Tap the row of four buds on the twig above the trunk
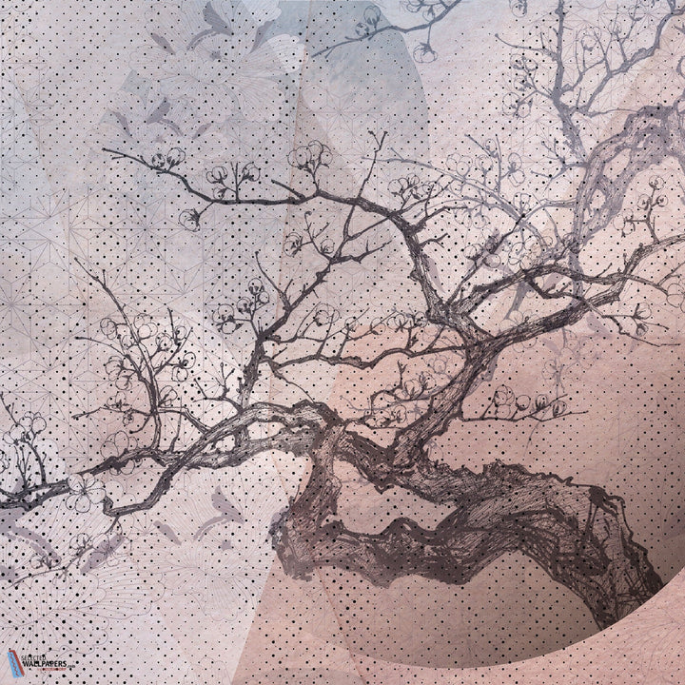tap(519, 400)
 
